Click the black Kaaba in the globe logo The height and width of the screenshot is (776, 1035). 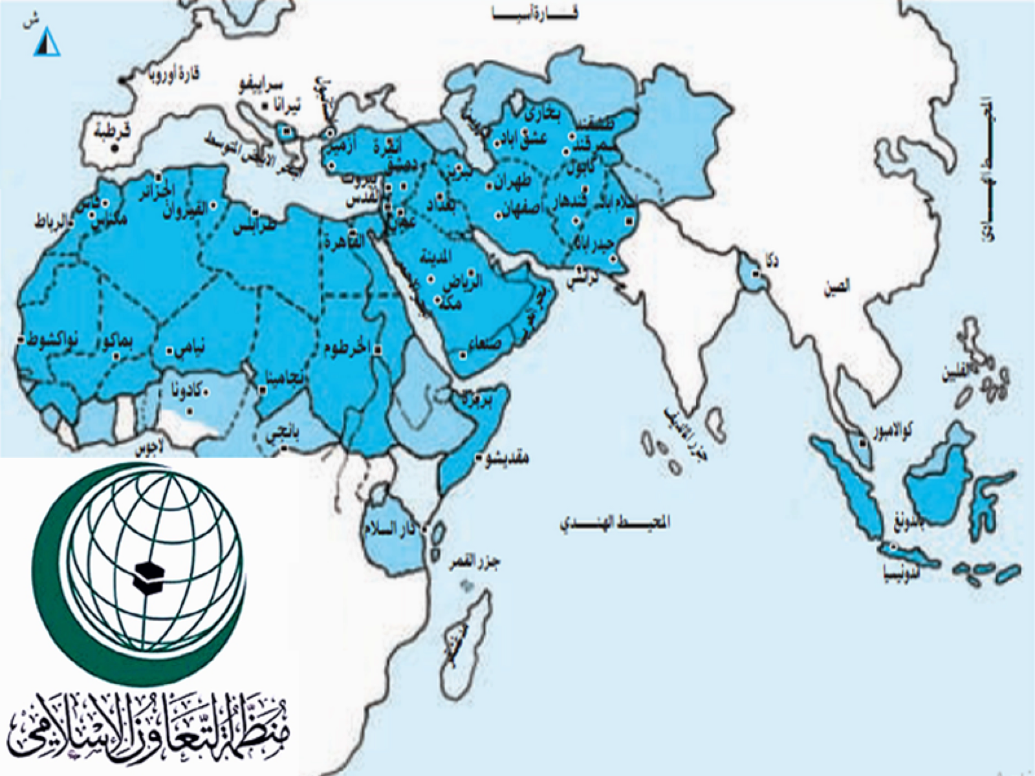click(x=146, y=573)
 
